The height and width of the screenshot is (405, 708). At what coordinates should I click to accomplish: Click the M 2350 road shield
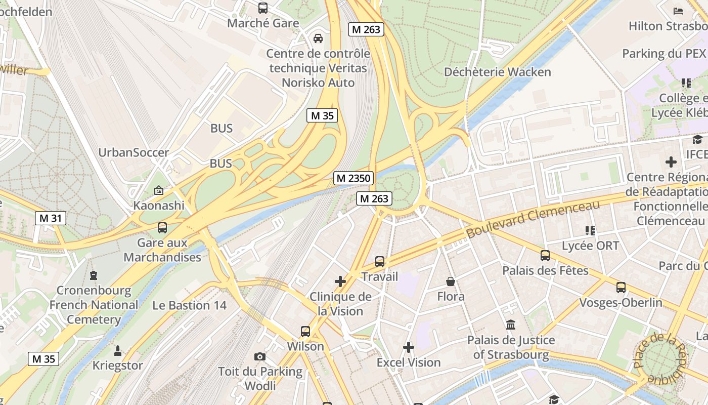(353, 178)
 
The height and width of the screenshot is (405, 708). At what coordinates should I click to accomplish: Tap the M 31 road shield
(51, 218)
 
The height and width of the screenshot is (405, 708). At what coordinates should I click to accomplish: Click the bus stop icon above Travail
(380, 262)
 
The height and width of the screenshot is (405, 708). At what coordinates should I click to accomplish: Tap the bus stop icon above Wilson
(305, 332)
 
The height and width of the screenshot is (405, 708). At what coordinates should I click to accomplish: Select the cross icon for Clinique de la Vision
(340, 281)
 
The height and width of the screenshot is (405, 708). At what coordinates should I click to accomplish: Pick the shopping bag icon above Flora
(451, 281)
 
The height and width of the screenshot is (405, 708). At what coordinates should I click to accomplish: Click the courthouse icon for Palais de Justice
(511, 325)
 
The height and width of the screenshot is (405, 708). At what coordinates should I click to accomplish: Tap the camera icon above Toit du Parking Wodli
(260, 356)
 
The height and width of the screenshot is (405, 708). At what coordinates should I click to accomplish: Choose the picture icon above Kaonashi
(159, 190)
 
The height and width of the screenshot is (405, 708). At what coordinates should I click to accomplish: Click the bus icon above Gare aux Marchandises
(162, 228)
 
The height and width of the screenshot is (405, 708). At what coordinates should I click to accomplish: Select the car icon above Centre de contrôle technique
(318, 38)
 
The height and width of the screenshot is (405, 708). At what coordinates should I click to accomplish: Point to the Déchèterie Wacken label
(497, 72)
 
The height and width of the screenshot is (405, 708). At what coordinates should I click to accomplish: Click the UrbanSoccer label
(134, 152)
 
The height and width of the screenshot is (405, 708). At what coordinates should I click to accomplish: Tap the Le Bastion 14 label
(190, 305)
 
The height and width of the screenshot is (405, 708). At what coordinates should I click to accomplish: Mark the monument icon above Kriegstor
(118, 350)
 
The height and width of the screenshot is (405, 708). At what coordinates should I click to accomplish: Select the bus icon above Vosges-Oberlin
(621, 288)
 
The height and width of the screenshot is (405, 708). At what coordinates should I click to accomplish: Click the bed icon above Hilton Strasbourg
(678, 11)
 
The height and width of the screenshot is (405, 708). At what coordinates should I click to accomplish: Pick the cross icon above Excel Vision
(409, 347)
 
